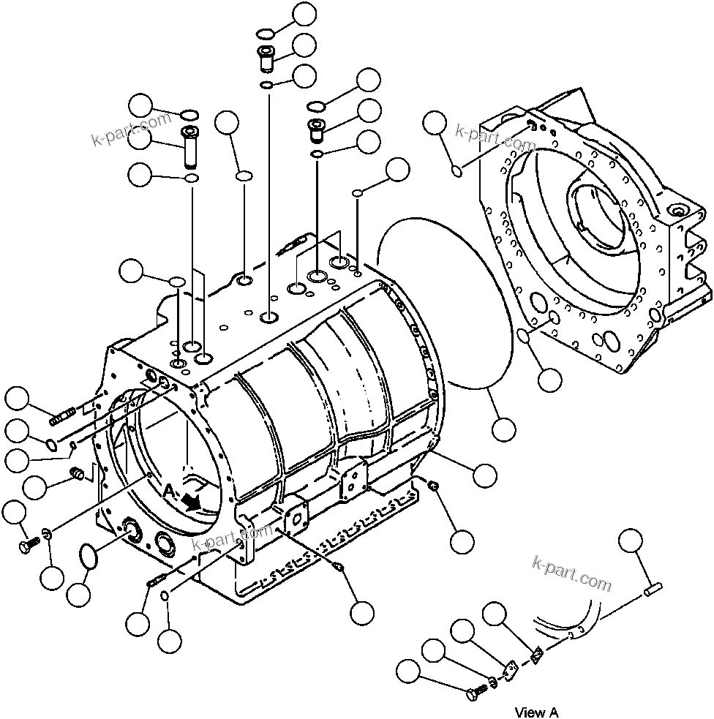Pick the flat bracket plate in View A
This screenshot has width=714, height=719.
(512, 671)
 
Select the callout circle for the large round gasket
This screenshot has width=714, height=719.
(503, 429)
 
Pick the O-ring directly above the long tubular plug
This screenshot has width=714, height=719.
(189, 115)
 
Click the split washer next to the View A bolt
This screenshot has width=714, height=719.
(492, 682)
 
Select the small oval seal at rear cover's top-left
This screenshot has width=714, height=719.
(456, 171)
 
